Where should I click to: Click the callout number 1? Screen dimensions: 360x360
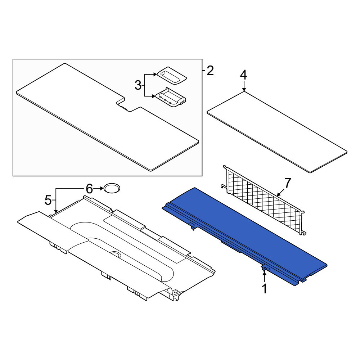(x=265, y=289)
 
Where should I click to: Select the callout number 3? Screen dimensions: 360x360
(x=138, y=85)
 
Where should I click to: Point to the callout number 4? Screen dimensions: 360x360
(x=243, y=75)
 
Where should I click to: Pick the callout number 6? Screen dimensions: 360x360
(x=89, y=189)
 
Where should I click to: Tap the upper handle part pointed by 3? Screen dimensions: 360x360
(x=172, y=76)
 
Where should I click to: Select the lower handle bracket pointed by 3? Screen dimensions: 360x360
(x=171, y=97)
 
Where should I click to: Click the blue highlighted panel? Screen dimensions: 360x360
(x=245, y=237)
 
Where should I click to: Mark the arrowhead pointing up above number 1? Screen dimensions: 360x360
(x=265, y=272)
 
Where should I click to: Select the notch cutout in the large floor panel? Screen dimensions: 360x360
(x=128, y=104)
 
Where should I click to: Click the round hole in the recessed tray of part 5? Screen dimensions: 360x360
(x=116, y=254)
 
